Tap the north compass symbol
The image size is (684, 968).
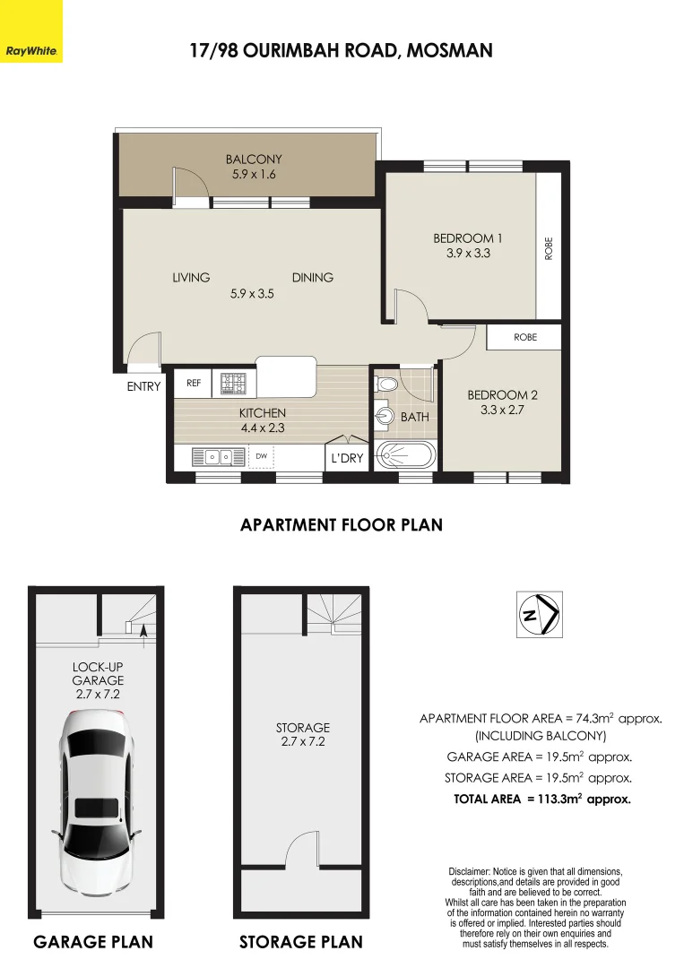pos(540,614)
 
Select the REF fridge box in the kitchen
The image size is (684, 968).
pos(193,383)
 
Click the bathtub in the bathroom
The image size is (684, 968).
pos(406,454)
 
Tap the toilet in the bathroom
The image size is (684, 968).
pos(385,385)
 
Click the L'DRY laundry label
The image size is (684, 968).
pos(346,458)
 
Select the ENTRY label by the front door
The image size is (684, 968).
pos(143,387)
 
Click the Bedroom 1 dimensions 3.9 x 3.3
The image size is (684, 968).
pos(468,254)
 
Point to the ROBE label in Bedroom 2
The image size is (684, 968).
pos(524,338)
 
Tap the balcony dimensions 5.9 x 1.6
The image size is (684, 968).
pos(254,175)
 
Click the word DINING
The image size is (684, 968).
pos(312,278)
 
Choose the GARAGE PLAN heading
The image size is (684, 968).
pos(92,942)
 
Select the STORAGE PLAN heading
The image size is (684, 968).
pos(300,942)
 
